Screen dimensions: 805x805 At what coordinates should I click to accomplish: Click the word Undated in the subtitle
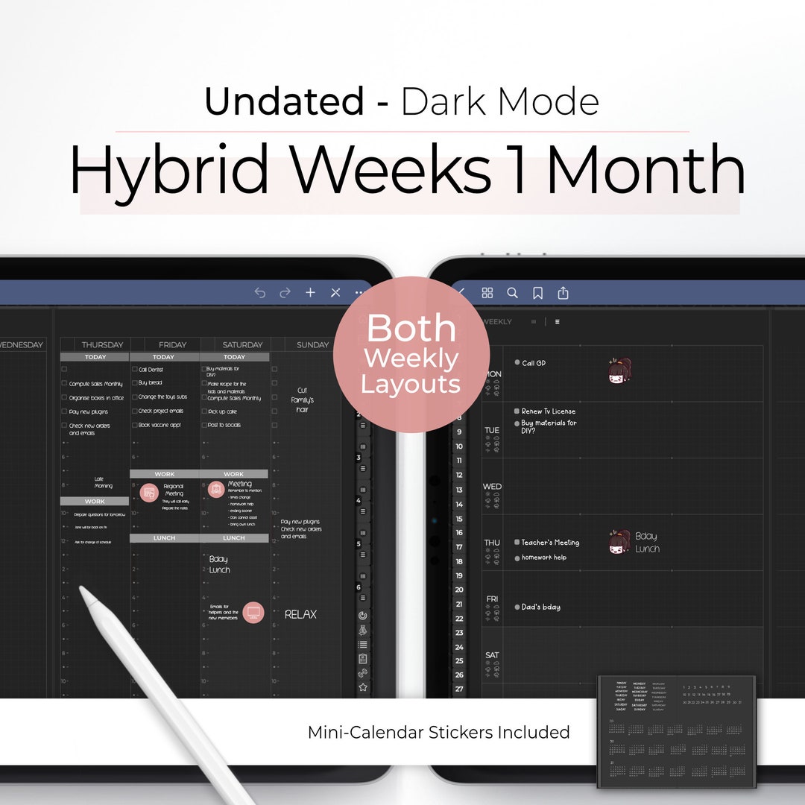[284, 102]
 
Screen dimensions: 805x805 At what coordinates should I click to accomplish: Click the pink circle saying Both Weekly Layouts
[411, 355]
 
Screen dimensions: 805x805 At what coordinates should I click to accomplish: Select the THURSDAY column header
[102, 345]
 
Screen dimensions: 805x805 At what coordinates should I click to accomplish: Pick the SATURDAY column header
[242, 345]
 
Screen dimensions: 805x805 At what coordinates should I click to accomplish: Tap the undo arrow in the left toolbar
[259, 293]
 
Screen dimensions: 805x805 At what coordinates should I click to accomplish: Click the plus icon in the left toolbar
[310, 293]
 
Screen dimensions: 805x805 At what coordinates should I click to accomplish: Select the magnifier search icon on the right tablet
[512, 293]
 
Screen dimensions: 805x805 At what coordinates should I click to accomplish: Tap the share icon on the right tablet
[563, 293]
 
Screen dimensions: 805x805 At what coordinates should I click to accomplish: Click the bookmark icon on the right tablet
[537, 293]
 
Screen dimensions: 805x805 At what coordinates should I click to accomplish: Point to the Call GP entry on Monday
[533, 363]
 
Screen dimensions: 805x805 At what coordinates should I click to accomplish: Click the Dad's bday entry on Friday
[540, 607]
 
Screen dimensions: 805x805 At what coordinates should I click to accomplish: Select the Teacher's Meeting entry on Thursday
[549, 543]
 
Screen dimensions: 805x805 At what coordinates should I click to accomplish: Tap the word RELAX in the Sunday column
[300, 614]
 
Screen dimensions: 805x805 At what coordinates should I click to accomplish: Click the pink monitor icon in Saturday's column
[253, 613]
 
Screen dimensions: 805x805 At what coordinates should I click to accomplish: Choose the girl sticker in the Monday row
[619, 370]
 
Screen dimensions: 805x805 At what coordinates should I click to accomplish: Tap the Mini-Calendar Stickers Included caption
[438, 732]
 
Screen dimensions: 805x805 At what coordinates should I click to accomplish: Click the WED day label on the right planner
[492, 487]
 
